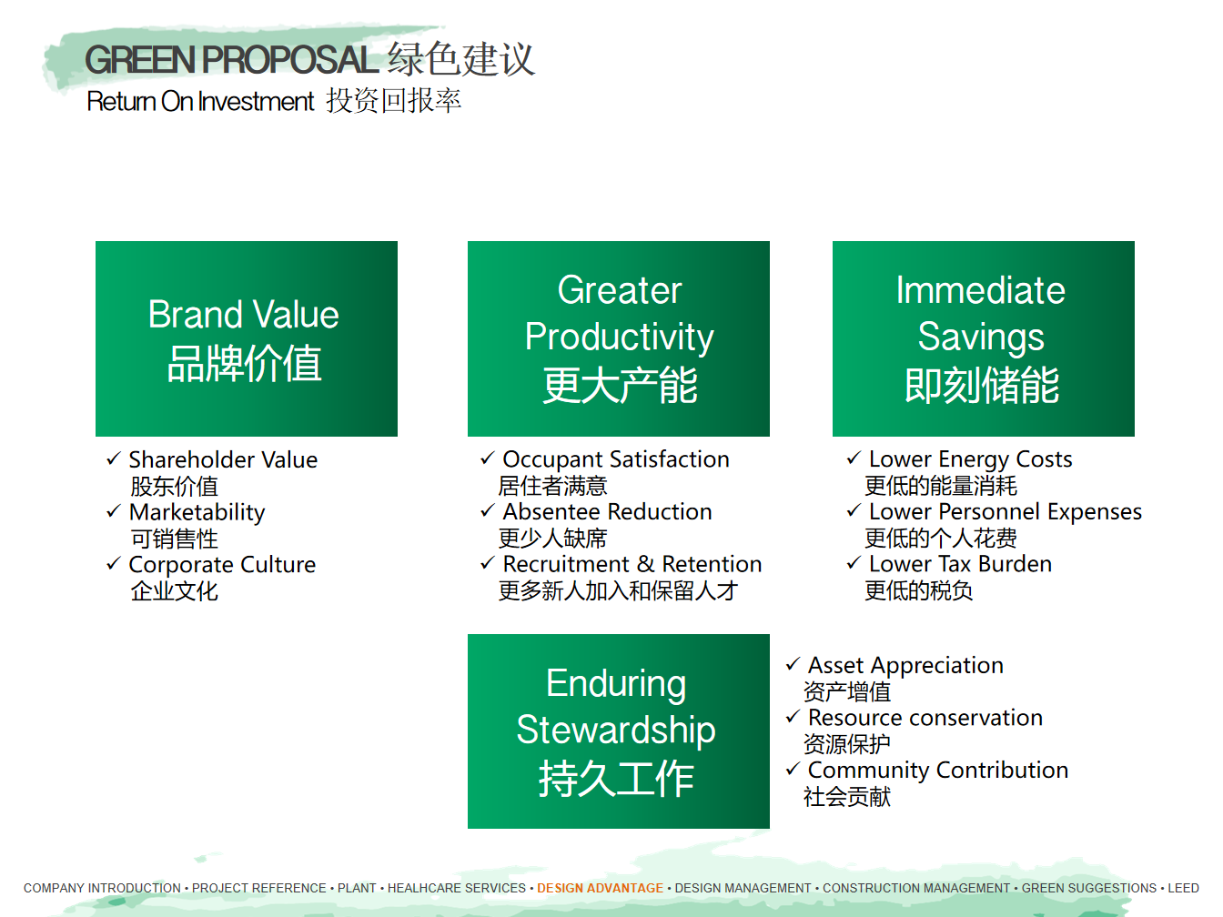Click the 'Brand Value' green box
[247, 338]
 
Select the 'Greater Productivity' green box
[619, 338]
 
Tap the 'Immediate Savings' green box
[984, 338]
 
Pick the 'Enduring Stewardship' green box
[619, 731]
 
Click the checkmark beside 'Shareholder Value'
[114, 458]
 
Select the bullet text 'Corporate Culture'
[222, 565]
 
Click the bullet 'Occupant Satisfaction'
[616, 460]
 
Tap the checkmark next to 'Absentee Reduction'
[488, 510]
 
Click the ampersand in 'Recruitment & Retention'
[645, 564]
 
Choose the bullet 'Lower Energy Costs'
[970, 460]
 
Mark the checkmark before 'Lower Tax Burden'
[854, 562]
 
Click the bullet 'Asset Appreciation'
[905, 666]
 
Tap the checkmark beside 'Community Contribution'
[793, 769]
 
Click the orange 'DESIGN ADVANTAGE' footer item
[600, 888]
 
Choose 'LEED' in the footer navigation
[1184, 888]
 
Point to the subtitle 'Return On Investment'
[200, 101]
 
